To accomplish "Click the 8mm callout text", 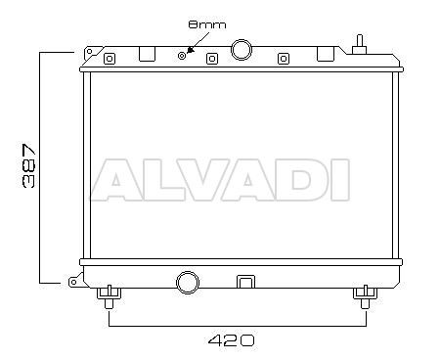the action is coord(207,24).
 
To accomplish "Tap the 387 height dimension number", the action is coord(28,165).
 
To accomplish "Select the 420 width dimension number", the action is coord(231,340).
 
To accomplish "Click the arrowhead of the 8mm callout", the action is coord(191,50).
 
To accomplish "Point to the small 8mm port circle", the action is coord(182,56).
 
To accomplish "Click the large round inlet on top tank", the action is coord(242,50).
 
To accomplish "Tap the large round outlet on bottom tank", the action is coord(188,283).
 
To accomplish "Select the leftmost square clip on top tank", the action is coord(110,59).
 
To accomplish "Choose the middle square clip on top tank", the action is coord(212,59).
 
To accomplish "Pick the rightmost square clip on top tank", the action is coord(284,59).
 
